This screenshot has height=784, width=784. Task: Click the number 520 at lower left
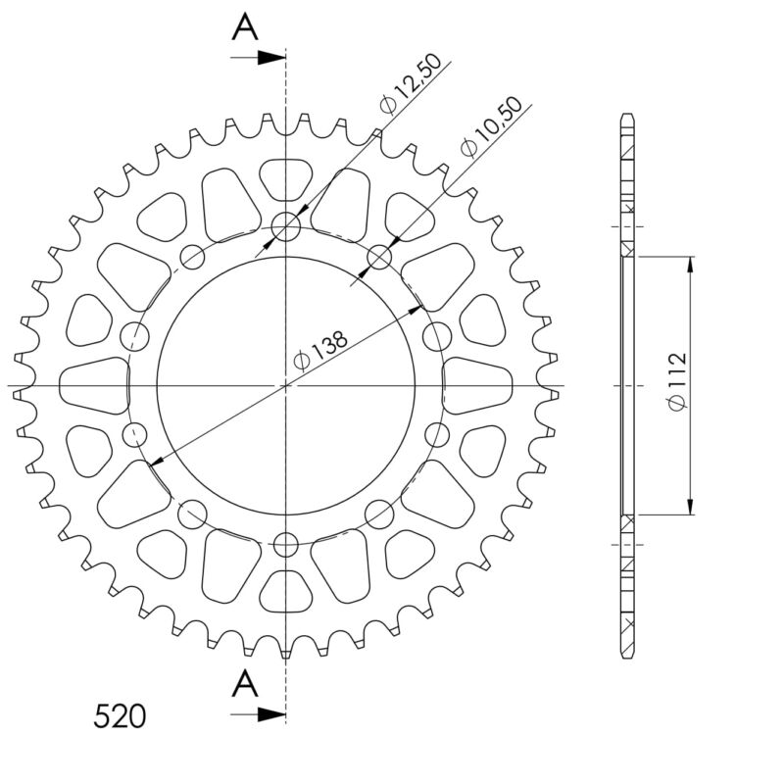pyautogui.click(x=120, y=716)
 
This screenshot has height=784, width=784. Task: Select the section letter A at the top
pyautogui.click(x=245, y=28)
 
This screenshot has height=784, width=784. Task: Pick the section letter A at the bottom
pyautogui.click(x=245, y=684)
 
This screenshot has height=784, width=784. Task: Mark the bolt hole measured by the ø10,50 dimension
pyautogui.click(x=379, y=257)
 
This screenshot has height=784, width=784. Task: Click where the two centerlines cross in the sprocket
pyautogui.click(x=286, y=386)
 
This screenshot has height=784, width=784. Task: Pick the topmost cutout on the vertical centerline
pyautogui.click(x=286, y=178)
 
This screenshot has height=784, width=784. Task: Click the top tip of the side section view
pyautogui.click(x=627, y=116)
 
